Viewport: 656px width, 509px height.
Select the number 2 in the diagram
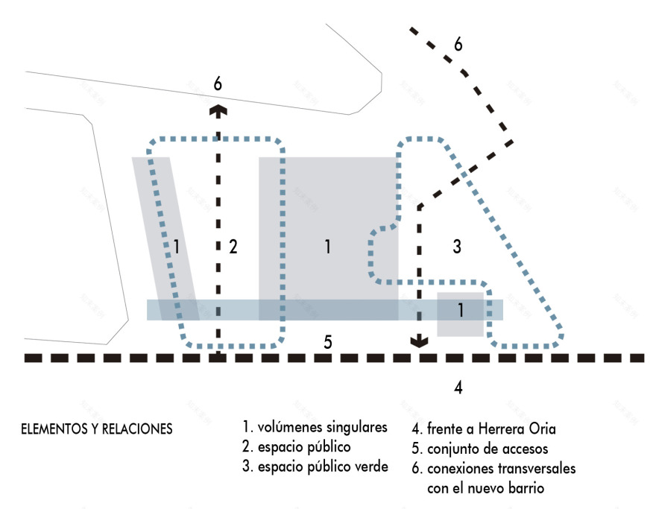233,247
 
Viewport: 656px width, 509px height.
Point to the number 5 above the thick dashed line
327,342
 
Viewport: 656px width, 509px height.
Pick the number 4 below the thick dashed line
458,387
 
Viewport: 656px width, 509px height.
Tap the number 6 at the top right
458,44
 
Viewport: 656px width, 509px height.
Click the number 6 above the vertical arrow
217,83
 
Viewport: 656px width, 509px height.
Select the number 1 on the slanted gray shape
176,247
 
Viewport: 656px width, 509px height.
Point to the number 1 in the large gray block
327,247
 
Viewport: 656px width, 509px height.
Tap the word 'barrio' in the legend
528,488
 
